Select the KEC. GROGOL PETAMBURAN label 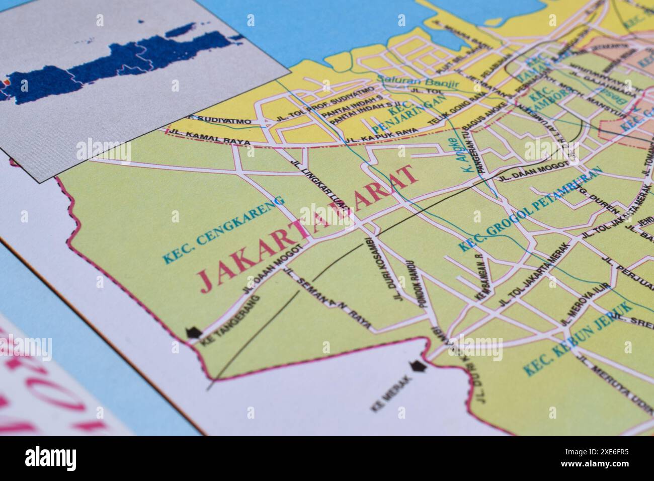tap(531, 207)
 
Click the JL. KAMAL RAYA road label tap(210, 138)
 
